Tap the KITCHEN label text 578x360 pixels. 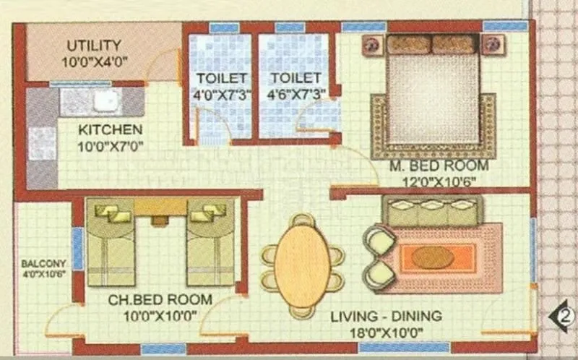tap(110, 130)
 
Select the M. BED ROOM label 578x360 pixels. tap(439, 166)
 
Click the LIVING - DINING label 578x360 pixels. tap(387, 317)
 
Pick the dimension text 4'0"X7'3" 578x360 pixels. tap(223, 93)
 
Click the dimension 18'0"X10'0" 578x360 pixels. tap(387, 333)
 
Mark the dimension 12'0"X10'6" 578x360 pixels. tap(439, 181)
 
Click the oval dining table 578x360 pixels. tap(303, 262)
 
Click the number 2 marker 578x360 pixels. tap(565, 316)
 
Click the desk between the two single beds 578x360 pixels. tap(160, 208)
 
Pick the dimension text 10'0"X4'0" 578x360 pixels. tap(94, 61)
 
